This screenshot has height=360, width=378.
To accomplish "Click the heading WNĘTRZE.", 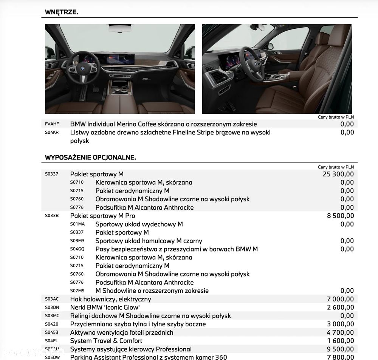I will click(61, 12).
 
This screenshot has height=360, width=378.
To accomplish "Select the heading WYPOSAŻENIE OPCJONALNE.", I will click(90, 157).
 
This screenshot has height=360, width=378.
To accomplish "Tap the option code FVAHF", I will click(52, 124).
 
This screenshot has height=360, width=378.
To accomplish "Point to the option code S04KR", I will click(52, 132).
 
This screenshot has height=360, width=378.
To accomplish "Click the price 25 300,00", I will click(338, 174).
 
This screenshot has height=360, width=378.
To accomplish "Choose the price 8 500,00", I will click(340, 216).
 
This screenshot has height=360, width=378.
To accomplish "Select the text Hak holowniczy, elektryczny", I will click(110, 299).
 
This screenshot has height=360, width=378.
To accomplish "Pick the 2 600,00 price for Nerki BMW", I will click(340, 307).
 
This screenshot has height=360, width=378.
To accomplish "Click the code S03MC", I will click(52, 316).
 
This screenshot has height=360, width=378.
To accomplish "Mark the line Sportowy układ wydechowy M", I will click(139, 224).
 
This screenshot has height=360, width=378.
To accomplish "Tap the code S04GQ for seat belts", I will click(77, 249).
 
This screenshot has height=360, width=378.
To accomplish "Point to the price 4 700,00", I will click(340, 332).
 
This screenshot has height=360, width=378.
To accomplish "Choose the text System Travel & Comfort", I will click(106, 341).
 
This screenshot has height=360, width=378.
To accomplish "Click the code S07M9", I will click(77, 290).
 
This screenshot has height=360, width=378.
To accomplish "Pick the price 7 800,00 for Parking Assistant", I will click(340, 357).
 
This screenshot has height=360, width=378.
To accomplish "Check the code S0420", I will click(52, 324).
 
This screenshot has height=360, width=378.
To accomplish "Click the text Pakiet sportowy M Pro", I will click(102, 216).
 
